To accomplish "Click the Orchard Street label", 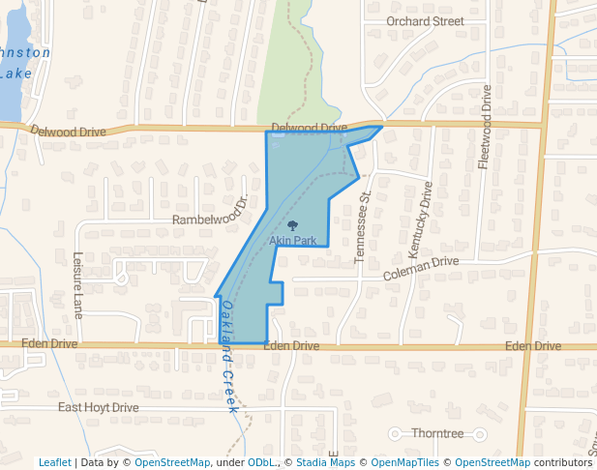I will (425, 21).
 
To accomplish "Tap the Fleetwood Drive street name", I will (485, 128).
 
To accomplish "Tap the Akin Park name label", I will (293, 240).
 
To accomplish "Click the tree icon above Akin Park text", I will (293, 226).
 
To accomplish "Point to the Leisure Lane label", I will (78, 285).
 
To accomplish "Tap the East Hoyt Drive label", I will (98, 407).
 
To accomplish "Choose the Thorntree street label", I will (437, 433).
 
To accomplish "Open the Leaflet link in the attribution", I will (54, 463).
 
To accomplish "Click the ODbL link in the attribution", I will (261, 463).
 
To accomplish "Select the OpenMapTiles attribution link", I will (406, 463).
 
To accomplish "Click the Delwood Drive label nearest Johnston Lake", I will (67, 131).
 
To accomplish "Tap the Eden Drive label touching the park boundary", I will (290, 345).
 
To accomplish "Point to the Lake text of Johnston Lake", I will (16, 73).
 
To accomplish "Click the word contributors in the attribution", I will (564, 463).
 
